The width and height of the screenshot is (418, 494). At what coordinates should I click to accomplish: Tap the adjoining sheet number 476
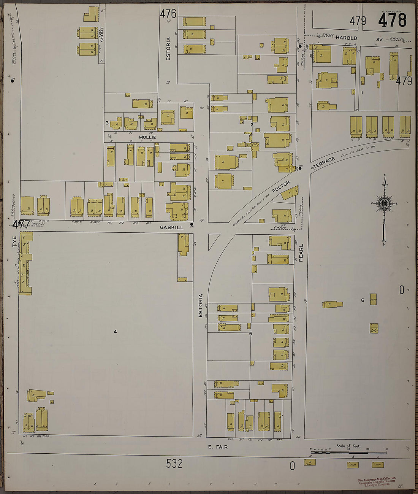coord(168,14)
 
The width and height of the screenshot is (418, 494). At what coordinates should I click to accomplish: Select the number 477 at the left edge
coord(21,224)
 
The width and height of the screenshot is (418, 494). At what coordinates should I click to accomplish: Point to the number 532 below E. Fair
coord(174,464)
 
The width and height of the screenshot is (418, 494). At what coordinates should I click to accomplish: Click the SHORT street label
coord(101,34)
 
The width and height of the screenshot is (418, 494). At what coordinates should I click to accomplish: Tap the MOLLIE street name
coord(147,137)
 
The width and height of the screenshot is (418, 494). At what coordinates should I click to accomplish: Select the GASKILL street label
coord(171,227)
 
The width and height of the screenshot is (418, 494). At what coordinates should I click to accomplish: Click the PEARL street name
coord(301,253)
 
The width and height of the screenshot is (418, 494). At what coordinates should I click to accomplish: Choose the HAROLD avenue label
coord(346,38)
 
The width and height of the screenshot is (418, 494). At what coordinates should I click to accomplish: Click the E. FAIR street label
coord(218,447)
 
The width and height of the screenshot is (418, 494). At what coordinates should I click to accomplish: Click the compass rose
coord(384,204)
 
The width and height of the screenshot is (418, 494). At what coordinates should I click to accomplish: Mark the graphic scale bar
coord(348,453)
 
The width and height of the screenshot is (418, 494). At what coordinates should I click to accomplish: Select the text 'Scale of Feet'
coord(348,446)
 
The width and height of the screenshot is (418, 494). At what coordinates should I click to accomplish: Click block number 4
coord(115,332)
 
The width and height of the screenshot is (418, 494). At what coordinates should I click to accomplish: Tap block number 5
coord(250,334)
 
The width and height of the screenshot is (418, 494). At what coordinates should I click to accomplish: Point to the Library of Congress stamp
coord(377,481)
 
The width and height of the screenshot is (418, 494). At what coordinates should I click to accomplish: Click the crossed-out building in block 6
coord(374,328)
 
